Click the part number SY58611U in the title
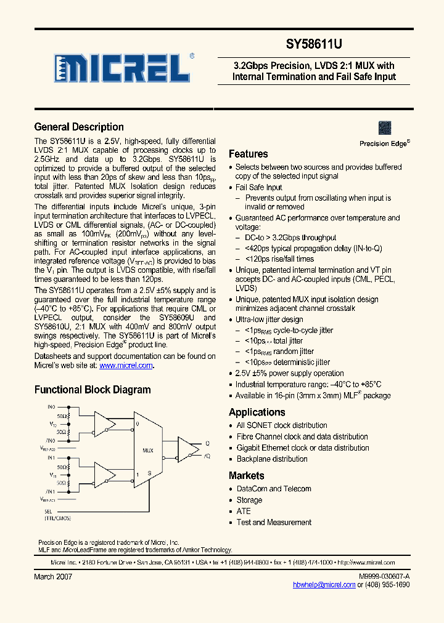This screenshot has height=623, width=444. pyautogui.click(x=313, y=45)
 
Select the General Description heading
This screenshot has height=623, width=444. pyautogui.click(x=79, y=127)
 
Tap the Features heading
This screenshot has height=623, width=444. pyautogui.click(x=248, y=154)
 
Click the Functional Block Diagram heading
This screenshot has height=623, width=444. pyautogui.click(x=92, y=390)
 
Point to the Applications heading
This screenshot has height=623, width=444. pyautogui.click(x=257, y=412)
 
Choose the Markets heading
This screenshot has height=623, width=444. pyautogui.click(x=246, y=476)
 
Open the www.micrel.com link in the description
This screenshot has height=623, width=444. pyautogui.click(x=126, y=365)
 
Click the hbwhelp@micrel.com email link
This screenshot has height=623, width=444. pyautogui.click(x=324, y=585)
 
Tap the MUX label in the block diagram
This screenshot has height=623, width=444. pyautogui.click(x=147, y=451)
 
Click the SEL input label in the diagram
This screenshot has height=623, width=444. pyautogui.click(x=48, y=512)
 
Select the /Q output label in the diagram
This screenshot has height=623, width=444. pyautogui.click(x=207, y=456)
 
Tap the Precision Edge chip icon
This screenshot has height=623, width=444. pyautogui.click(x=385, y=128)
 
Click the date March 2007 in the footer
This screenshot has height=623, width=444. pyautogui.click(x=53, y=577)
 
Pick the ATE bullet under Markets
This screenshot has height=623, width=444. pyautogui.click(x=244, y=511)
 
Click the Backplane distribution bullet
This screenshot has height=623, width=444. pyautogui.click(x=272, y=459)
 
